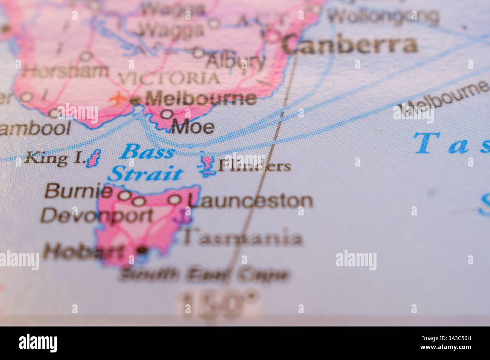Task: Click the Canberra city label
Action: (350, 45)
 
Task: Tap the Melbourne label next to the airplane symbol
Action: (201, 99)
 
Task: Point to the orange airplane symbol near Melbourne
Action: (118, 99)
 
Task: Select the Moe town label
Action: (193, 128)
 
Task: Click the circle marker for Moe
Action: (167, 114)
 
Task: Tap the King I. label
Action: (53, 159)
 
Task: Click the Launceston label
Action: (250, 201)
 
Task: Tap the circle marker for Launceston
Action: (174, 200)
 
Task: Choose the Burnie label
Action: (78, 192)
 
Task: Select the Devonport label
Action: (97, 216)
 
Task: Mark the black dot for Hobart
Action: (142, 250)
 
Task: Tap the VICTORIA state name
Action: (168, 79)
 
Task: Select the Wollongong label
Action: (383, 16)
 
